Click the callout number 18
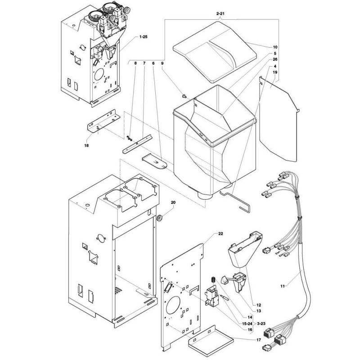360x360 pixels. point(86,145)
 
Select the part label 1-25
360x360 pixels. point(143,37)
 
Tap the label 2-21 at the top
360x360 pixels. point(220,14)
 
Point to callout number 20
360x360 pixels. point(173,202)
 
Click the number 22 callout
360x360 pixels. point(220,234)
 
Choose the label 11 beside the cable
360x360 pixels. point(283,286)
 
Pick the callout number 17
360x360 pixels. point(258,340)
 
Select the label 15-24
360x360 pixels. point(247,324)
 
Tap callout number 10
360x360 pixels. point(275,47)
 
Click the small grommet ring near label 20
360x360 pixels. point(159,218)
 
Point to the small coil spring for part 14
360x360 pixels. point(213,280)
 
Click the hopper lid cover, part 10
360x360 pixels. point(214,52)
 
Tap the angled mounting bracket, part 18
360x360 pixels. point(104,121)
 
